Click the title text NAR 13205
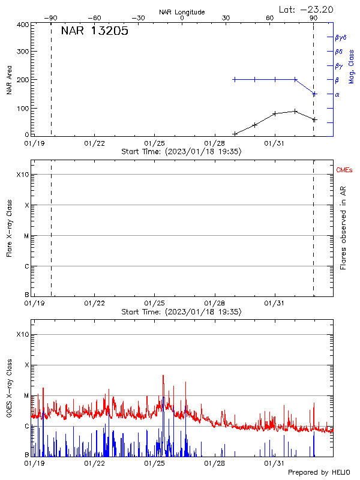(x=94, y=32)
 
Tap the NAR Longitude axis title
(x=182, y=12)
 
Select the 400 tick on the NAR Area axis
(x=23, y=25)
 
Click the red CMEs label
(x=344, y=170)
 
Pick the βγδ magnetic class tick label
(x=341, y=37)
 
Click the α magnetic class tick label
(x=337, y=94)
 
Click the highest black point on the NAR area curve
(x=295, y=111)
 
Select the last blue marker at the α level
(x=314, y=94)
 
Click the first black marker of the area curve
(x=235, y=134)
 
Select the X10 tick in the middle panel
(x=23, y=175)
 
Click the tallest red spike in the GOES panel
(x=163, y=376)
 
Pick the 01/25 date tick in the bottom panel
(x=155, y=463)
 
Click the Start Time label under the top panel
(x=181, y=152)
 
